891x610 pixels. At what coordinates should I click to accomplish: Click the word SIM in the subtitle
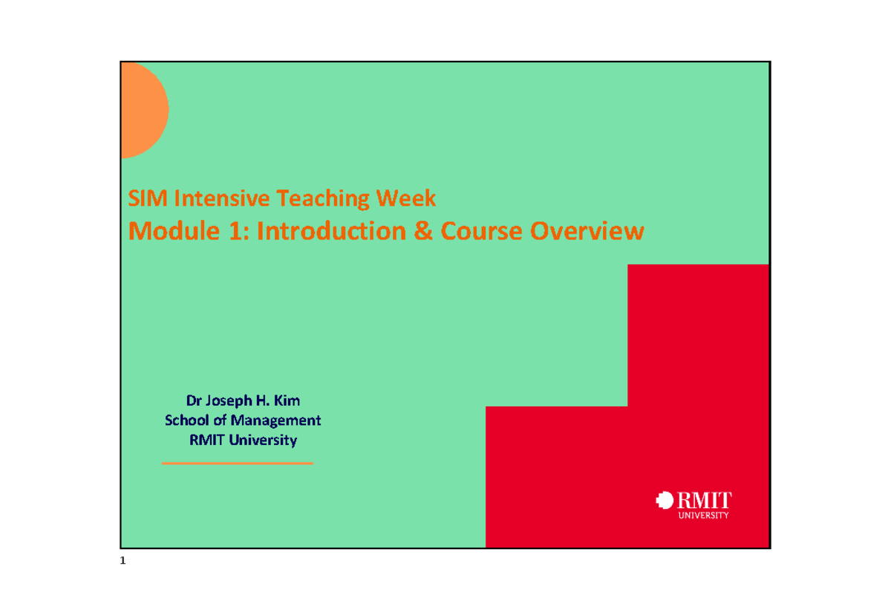143,198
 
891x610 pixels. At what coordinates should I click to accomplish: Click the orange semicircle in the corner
143,110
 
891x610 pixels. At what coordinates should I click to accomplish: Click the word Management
278,421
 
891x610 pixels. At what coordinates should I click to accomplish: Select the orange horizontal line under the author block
238,463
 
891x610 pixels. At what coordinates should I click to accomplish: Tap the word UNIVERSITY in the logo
705,515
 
